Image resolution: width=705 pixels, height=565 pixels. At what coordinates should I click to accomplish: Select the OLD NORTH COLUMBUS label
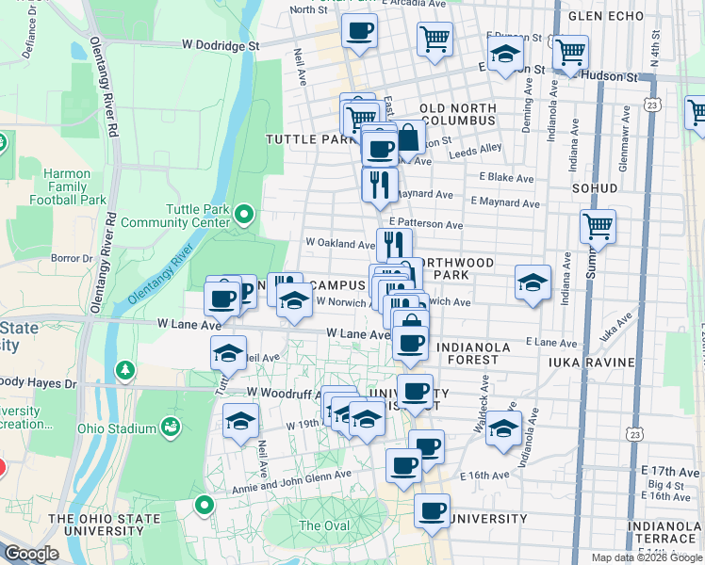[458, 115]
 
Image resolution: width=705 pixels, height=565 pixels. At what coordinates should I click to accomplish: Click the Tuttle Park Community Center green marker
[245, 215]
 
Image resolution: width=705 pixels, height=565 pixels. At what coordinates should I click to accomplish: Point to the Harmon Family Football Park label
[67, 186]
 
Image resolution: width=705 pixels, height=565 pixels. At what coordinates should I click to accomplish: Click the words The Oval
[323, 525]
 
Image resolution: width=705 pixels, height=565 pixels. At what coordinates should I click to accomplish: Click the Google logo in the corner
[31, 554]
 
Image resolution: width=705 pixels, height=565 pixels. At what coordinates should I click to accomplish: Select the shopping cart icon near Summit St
[598, 225]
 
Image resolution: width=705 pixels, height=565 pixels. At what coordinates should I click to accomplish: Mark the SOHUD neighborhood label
[594, 188]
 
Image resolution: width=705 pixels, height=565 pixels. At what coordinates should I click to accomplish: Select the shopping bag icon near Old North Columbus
[408, 138]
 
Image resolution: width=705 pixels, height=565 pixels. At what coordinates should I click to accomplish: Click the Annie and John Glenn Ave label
[291, 481]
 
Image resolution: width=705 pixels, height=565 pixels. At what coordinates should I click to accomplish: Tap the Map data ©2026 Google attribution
[646, 557]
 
